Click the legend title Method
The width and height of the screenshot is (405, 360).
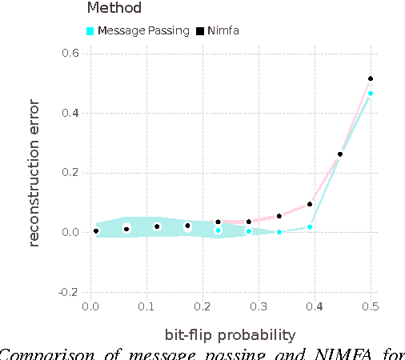[114, 9]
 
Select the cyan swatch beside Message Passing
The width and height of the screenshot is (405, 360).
[91, 31]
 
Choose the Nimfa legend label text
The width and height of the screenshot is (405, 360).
[223, 31]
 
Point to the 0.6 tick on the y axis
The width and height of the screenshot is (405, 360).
[70, 54]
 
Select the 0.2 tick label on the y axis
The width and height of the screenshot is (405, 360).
[70, 173]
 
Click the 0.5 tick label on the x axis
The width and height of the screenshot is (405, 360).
[371, 306]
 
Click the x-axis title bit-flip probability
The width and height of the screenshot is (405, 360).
[231, 334]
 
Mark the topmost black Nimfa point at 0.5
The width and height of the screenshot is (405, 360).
[371, 78]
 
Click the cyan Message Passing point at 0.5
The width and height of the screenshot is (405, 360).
[371, 94]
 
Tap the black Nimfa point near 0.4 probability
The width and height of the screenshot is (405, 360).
[310, 204]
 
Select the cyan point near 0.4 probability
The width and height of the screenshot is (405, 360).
[310, 227]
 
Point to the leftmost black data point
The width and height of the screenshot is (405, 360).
[96, 230]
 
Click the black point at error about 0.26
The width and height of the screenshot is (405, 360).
[340, 154]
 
